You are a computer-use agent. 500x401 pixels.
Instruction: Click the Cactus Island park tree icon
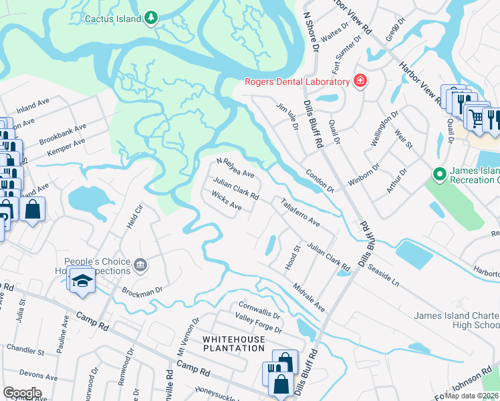tap(152, 17)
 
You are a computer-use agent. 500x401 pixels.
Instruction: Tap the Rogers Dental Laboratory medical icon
tap(360, 82)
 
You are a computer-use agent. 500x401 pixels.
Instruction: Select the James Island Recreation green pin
tap(439, 175)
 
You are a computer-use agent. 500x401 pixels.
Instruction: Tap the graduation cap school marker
tap(81, 281)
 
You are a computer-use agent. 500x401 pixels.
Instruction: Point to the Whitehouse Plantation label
tap(234, 344)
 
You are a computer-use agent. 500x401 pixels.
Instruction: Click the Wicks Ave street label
tap(226, 200)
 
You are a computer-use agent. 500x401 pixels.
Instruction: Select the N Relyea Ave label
tap(236, 168)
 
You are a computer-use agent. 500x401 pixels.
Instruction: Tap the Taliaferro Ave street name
tap(300, 213)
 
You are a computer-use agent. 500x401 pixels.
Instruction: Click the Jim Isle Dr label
tap(285, 115)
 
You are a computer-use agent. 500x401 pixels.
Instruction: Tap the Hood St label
tap(293, 257)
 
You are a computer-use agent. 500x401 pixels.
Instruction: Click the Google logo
tap(22, 393)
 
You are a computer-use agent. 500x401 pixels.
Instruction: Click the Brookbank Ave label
tap(63, 132)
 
